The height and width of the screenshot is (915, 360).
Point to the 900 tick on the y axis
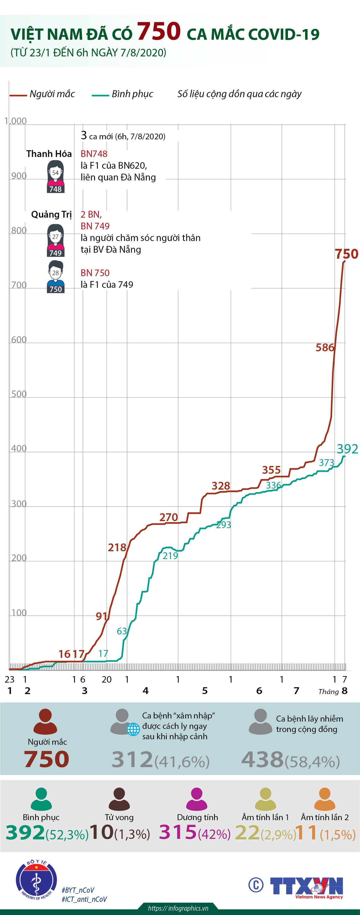click(19, 176)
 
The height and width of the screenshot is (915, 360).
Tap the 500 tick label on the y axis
click(19, 394)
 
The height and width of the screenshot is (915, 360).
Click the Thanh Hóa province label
click(49, 154)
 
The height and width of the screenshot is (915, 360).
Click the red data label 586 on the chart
click(325, 347)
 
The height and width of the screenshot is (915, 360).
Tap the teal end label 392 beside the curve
click(347, 449)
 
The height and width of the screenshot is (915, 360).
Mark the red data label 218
click(117, 547)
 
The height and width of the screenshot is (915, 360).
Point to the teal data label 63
click(122, 631)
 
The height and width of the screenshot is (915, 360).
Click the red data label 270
click(168, 517)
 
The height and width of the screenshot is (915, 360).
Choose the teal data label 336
click(273, 485)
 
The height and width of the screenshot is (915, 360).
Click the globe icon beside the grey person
click(133, 729)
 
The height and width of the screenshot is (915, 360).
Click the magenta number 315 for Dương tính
click(178, 832)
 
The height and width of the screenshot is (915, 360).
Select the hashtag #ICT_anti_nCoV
click(84, 899)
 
